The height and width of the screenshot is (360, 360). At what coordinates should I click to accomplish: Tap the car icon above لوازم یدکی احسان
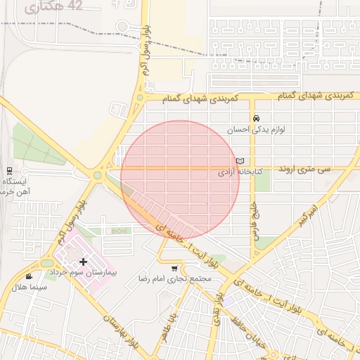click(256, 119)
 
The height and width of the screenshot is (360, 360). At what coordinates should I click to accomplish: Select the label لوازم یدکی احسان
click(256, 130)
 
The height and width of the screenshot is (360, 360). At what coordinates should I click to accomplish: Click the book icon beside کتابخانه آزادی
click(240, 161)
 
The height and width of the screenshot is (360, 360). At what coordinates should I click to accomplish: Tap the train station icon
click(9, 170)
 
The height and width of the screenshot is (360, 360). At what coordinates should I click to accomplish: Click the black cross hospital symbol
click(83, 262)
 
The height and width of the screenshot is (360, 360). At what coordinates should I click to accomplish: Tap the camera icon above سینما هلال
click(29, 276)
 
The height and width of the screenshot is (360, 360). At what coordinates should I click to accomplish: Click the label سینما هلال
click(29, 287)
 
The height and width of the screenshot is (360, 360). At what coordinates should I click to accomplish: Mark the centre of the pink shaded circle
click(180, 179)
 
